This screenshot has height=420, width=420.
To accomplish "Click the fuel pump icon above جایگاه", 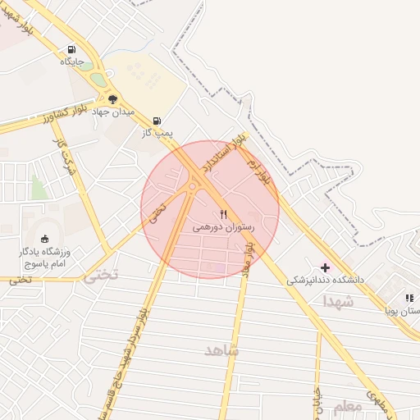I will pos(71,48).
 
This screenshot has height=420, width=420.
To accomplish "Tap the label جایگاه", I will pos(71,62).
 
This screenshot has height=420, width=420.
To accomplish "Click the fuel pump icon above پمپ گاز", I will pos(157,120).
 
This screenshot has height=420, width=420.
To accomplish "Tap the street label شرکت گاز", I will pos(61,153).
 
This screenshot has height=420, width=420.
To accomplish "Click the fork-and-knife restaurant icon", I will pos(224,214).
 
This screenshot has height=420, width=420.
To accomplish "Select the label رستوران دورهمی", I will pos(224,227).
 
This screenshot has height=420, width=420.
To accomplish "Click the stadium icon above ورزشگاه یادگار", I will pos(44,239).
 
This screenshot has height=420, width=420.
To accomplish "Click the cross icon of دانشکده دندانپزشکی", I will pos(326,267).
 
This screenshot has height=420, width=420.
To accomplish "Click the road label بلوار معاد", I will pos(249,262).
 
